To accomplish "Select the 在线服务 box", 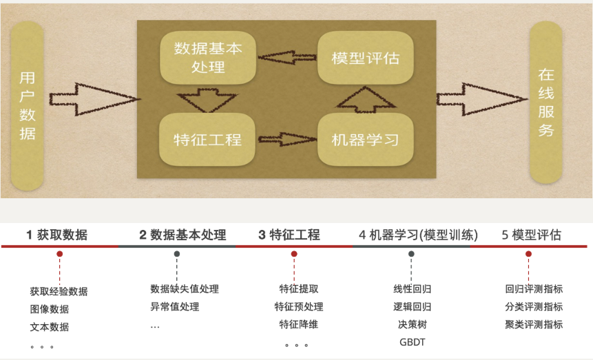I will (x=546, y=103).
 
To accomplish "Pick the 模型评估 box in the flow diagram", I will (x=365, y=58).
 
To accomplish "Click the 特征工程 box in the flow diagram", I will (x=207, y=140).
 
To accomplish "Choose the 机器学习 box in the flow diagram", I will (x=365, y=140).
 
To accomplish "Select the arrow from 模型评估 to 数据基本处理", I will (x=286, y=57).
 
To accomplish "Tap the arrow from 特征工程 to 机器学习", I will (x=286, y=140).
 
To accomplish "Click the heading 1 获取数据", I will (x=57, y=235).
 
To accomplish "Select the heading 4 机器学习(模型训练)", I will (x=418, y=235).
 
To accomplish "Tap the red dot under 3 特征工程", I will (x=294, y=254).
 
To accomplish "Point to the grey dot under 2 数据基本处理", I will (x=177, y=254).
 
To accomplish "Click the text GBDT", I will (x=413, y=341).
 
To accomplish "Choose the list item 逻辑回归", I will (x=413, y=306).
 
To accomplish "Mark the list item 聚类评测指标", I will (x=534, y=324).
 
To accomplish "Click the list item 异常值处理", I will (x=175, y=306).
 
